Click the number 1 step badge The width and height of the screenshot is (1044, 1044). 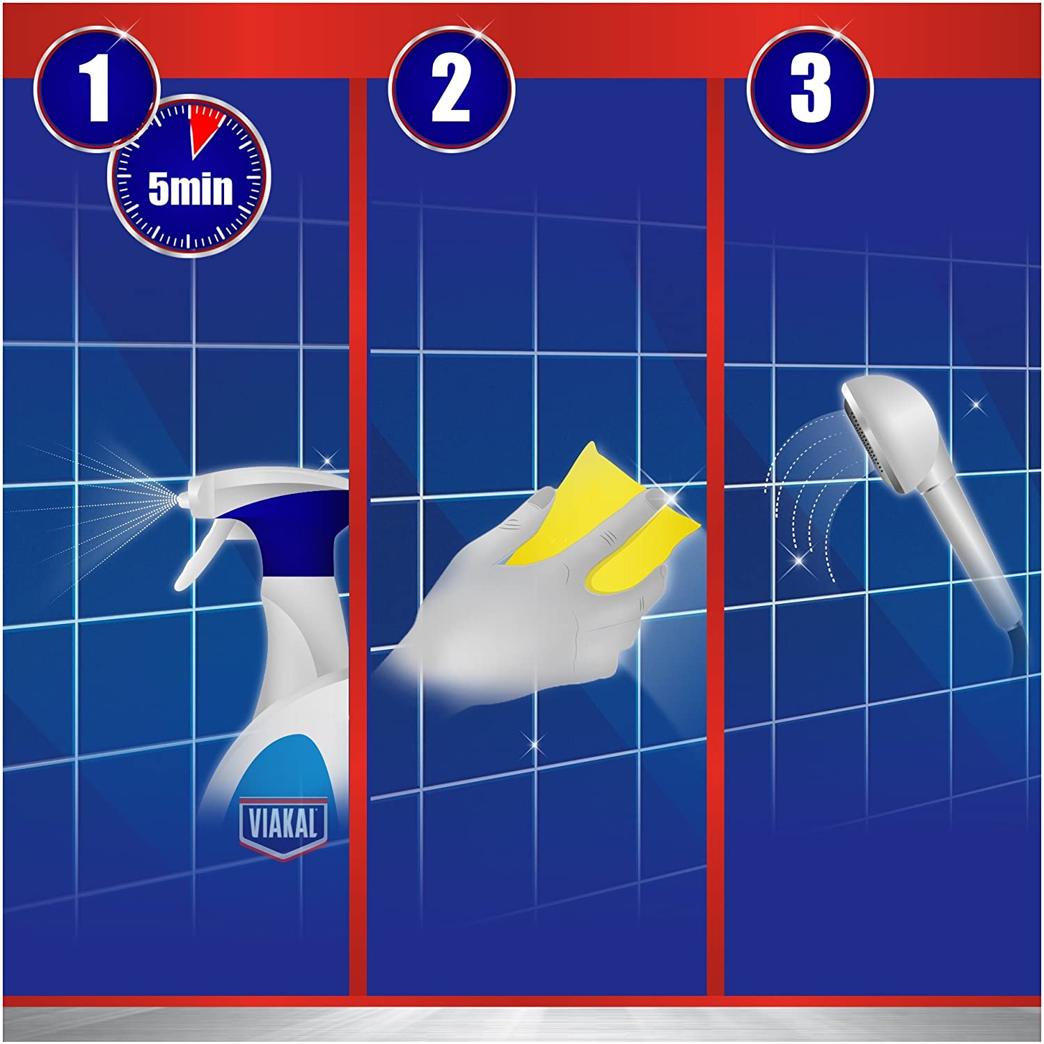coord(97,89)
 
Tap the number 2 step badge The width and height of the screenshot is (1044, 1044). coord(451,89)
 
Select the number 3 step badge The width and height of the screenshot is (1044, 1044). coord(810,89)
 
